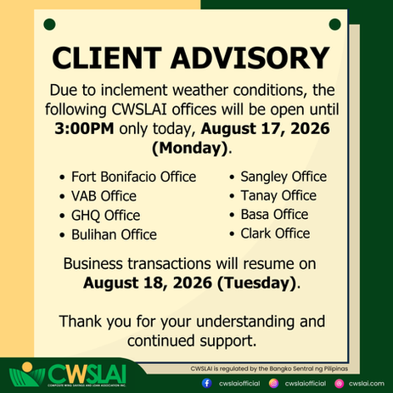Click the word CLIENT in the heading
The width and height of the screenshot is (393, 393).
[107, 58]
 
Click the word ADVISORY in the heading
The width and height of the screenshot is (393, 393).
[250, 58]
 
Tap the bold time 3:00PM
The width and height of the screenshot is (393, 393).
[84, 128]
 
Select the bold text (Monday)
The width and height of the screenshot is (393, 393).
[190, 148]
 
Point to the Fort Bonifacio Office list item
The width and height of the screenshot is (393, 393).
[134, 177]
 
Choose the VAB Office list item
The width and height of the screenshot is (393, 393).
[104, 196]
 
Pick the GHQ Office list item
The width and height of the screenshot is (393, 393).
[106, 216]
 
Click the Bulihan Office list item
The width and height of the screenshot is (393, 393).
[114, 234]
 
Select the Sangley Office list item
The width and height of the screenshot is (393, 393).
[284, 177]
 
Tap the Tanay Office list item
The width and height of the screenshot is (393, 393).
[278, 196]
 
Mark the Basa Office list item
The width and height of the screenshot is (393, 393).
[274, 215]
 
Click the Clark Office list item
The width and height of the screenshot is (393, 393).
[275, 233]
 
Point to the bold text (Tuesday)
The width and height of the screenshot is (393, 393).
[257, 283]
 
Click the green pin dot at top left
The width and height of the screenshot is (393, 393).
[49, 25]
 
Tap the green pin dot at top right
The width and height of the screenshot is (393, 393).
[335, 25]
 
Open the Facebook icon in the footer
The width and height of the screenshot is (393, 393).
[207, 384]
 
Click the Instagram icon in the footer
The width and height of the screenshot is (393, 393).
[273, 384]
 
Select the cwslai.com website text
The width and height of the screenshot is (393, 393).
[367, 384]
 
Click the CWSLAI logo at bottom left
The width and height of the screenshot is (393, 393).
[67, 374]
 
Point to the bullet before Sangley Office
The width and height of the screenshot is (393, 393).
[232, 177]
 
